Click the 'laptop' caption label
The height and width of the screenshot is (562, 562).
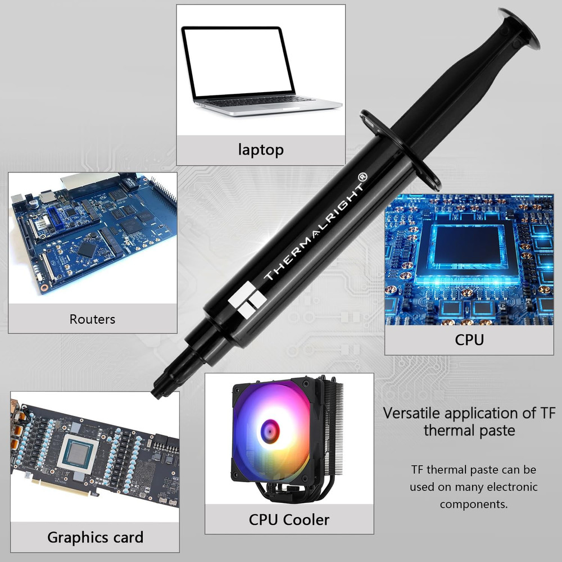[x=261, y=149]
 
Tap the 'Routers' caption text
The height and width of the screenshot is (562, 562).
[x=92, y=319]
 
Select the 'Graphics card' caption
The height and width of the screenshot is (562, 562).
[x=95, y=537]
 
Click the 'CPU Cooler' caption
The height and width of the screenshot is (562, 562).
[x=289, y=519]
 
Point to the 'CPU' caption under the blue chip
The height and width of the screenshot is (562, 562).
[x=469, y=339]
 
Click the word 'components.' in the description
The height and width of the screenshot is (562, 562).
[x=474, y=504]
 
